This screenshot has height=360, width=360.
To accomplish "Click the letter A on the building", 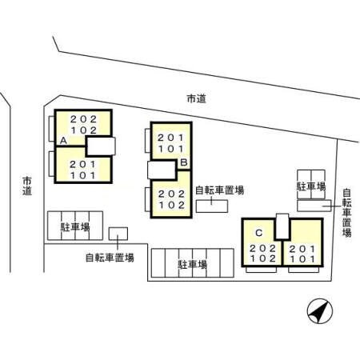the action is coord(63,140).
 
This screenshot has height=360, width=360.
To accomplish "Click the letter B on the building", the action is coord(184,162).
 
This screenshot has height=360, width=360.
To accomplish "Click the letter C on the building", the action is coord(258,233).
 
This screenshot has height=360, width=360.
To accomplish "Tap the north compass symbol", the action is coord(320,311).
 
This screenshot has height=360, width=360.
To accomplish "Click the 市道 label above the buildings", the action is coord(197,99).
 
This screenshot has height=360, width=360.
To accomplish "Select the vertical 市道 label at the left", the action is coord(27,186).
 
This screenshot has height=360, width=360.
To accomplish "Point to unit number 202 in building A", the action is coord(83,119).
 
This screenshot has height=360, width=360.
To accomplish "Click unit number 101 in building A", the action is coord(83,175).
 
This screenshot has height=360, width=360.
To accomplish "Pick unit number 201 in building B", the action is coord(171,138).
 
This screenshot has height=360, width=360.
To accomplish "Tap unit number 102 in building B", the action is coord(172,205).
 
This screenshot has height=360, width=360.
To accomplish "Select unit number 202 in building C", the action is coord(262,249).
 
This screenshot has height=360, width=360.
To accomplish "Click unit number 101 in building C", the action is coord(302,259).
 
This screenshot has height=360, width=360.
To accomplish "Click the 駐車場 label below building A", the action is coord(75,227).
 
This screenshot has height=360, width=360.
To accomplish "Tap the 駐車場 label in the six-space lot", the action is coord(193,265).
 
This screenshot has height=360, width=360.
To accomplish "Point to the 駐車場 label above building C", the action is coord(311,186).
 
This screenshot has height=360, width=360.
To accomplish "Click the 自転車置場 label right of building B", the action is coord(220,190).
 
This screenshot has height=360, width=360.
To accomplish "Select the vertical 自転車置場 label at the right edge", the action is coord(346,213).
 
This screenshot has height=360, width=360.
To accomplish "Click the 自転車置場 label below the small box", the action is coord(110,258).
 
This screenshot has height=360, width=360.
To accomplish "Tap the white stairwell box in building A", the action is coord(101,146).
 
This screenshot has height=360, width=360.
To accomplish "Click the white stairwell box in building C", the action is coord(282,226).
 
